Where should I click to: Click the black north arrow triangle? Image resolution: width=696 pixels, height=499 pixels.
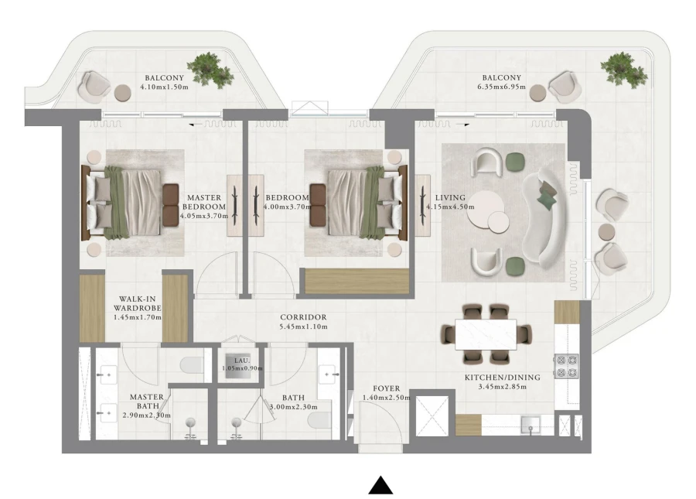(380, 485)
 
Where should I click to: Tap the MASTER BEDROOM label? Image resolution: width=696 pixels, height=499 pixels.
(204, 202)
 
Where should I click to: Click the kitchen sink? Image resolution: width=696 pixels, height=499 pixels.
(530, 423)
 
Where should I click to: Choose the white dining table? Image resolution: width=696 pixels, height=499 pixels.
(487, 333)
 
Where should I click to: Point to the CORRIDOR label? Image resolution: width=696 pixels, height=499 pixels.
(303, 317)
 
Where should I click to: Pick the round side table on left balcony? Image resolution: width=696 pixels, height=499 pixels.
(123, 93)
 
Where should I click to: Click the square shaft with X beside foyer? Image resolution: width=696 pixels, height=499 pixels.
(432, 415)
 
